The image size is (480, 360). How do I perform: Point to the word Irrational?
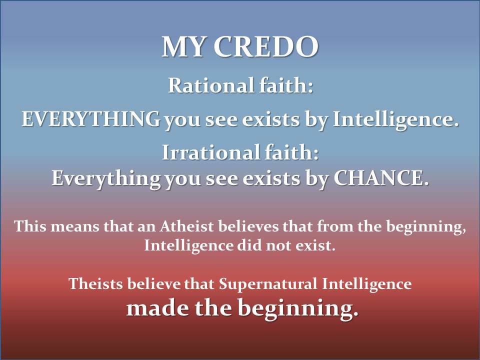pyautogui.click(x=210, y=152)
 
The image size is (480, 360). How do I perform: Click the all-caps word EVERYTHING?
pyautogui.click(x=90, y=119)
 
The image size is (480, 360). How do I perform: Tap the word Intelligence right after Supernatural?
pyautogui.click(x=366, y=284)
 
